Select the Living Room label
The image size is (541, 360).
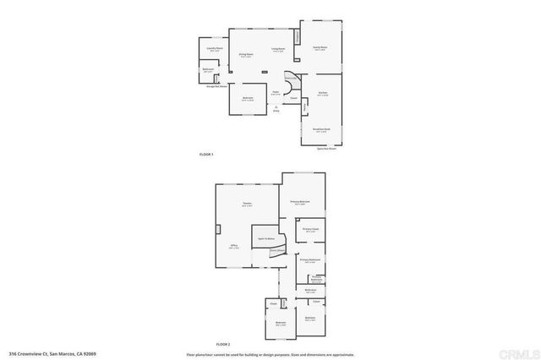tap(276, 49)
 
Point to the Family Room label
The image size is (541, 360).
tap(320, 47)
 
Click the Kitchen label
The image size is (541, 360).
tap(322, 93)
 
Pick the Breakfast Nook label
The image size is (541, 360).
tap(321, 128)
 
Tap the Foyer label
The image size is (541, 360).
tap(275, 92)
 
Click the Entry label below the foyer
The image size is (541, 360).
tap(276, 109)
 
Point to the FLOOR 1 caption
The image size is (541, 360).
tap(206, 154)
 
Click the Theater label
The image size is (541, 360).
tap(247, 204)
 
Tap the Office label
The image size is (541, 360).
tap(234, 246)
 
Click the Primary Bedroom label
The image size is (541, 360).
tap(300, 201)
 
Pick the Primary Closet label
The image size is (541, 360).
tap(310, 229)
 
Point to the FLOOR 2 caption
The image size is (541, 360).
tap(222, 344)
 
